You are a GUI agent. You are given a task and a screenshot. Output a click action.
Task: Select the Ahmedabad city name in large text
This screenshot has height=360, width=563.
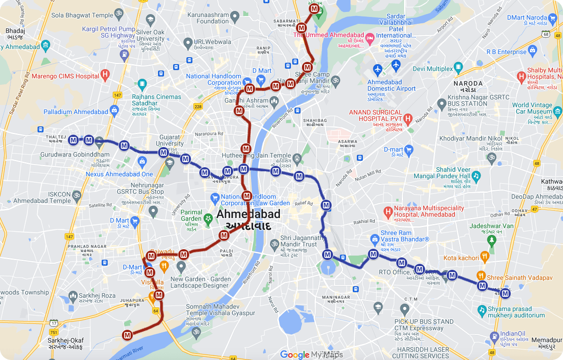click(x=248, y=214)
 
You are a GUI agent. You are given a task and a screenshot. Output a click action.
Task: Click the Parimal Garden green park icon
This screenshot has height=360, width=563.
click(x=208, y=218)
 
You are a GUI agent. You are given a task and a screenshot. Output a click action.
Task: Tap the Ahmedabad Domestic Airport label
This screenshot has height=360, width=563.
click(x=391, y=85)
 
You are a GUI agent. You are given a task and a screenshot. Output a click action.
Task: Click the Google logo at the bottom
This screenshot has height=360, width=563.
click(x=295, y=354)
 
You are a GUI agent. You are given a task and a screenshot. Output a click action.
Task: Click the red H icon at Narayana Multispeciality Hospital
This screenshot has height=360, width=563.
click(x=388, y=211)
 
